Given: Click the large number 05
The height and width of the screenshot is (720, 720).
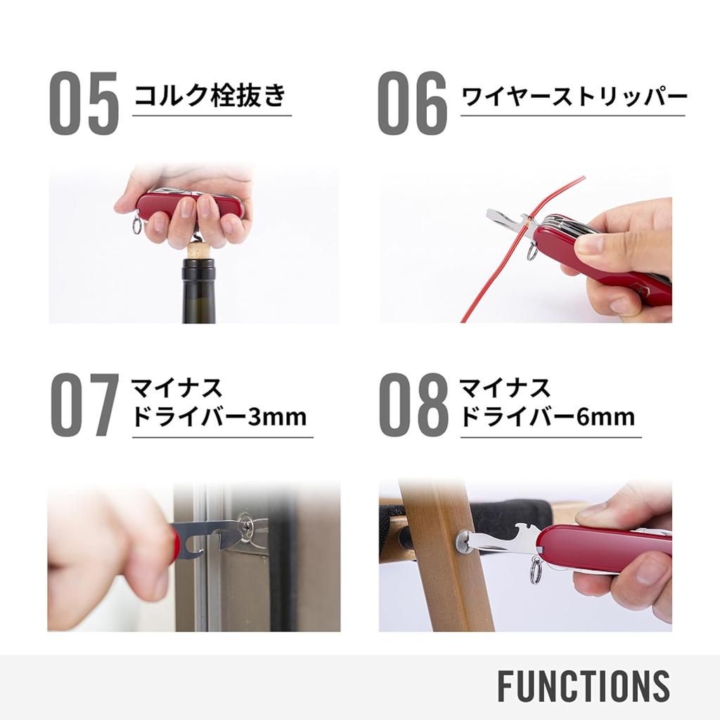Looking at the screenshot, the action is tap(84, 103).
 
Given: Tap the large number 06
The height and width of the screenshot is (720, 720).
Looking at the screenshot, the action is tap(412, 103).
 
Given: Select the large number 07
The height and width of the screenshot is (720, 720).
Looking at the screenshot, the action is tap(84, 404).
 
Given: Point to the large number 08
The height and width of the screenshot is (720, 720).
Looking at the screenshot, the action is tap(413, 404).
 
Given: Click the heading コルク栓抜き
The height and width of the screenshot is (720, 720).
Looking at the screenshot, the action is tap(210, 96).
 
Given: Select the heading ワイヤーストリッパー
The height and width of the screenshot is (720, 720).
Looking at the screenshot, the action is tap(574, 97).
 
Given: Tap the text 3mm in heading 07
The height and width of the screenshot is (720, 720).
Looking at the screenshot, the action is tap(277, 417).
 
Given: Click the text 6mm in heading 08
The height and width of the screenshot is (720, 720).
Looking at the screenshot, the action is tap(605, 417).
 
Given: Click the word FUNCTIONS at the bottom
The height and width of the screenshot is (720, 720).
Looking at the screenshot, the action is tap(583, 686).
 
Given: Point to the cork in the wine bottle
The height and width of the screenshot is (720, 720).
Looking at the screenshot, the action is tap(198, 252).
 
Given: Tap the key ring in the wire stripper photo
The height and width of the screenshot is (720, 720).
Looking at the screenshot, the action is tap(532, 252).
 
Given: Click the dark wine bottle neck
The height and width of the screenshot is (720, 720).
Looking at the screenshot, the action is tap(198, 290).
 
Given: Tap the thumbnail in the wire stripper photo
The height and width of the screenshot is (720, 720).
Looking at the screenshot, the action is tap(590, 245).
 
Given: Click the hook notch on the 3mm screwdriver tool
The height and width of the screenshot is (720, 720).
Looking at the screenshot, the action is tap(196, 548).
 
